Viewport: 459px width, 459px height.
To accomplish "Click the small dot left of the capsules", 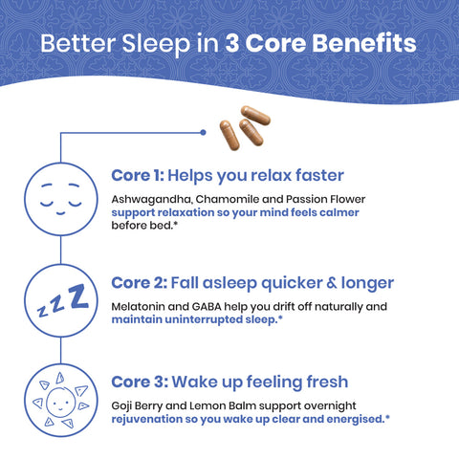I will (x=203, y=131).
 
